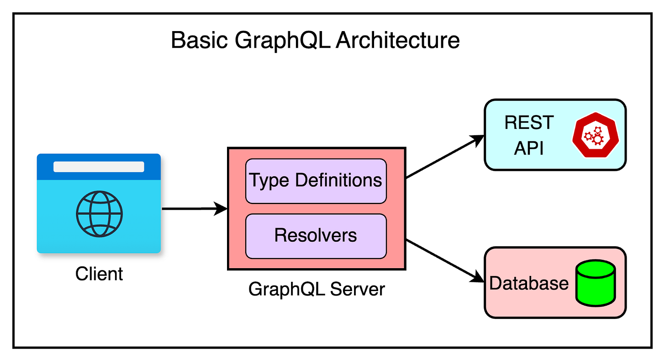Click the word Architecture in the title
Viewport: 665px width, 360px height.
[397, 40]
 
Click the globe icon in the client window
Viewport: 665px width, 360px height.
[99, 214]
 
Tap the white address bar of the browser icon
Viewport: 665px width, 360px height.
[99, 167]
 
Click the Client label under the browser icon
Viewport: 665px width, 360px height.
[99, 274]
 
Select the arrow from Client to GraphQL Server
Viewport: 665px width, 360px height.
[194, 209]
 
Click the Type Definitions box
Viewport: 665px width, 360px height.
[316, 181]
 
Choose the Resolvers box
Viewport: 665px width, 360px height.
[316, 236]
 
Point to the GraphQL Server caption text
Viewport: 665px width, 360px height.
[317, 289]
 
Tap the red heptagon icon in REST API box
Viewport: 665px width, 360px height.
[594, 134]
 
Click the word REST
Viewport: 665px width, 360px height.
[529, 123]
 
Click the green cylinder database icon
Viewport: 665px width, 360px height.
[595, 283]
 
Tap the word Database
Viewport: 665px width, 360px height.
[528, 283]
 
